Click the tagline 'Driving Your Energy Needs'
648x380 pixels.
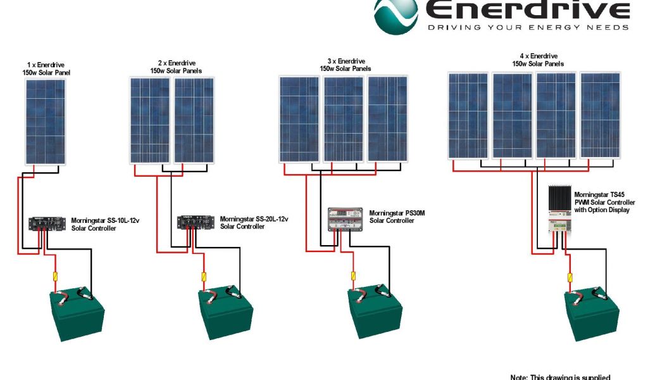tap(528, 27)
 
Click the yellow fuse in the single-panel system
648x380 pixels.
tap(54, 276)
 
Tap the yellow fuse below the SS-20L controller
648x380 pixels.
tap(203, 277)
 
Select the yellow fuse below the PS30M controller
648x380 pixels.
tap(353, 276)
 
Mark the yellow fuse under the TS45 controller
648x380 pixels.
tap(570, 277)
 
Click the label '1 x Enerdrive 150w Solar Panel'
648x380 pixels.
tap(46, 69)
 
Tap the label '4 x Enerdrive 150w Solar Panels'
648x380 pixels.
tap(538, 60)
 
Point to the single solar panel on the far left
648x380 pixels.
tap(45, 121)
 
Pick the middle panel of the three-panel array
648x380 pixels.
tap(344, 118)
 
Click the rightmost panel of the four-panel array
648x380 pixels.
tap(600, 115)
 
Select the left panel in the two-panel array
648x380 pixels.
tap(150, 120)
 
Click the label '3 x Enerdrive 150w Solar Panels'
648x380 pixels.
tap(345, 65)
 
